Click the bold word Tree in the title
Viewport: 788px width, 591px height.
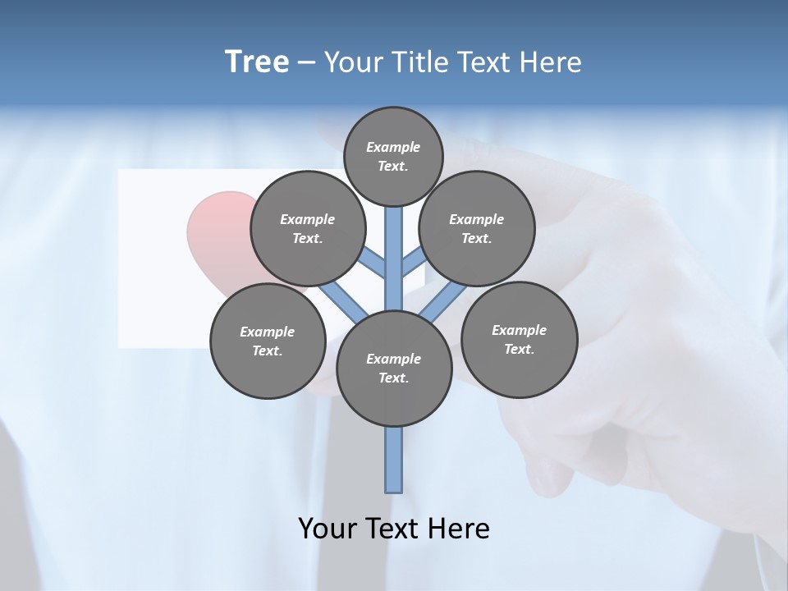tap(257, 62)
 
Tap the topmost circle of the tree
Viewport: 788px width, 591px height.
tap(393, 156)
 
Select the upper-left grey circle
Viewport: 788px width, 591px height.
tap(308, 228)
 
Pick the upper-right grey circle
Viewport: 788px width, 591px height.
tap(477, 228)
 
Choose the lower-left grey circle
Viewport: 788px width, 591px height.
tap(268, 341)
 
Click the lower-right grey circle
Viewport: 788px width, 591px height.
tap(520, 339)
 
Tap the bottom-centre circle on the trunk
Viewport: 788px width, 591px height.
tap(394, 368)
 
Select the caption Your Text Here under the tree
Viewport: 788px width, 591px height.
tap(394, 529)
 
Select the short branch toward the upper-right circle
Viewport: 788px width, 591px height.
tap(413, 263)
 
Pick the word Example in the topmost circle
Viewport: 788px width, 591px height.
tap(393, 147)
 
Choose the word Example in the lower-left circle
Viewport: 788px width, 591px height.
tap(268, 332)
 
